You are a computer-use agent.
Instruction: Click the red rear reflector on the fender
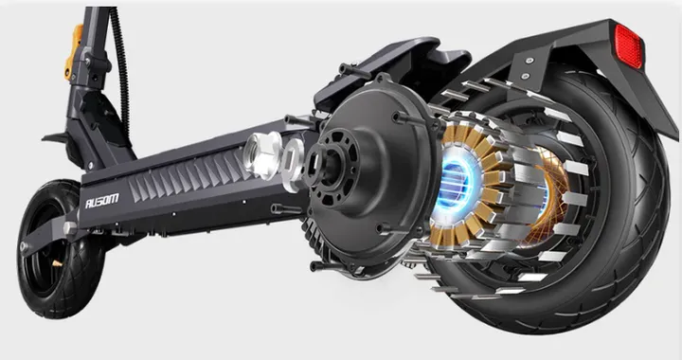(629, 45)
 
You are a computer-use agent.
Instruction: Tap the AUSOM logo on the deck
(101, 201)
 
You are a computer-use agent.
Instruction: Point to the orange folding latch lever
(74, 50)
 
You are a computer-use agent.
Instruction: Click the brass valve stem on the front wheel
(57, 263)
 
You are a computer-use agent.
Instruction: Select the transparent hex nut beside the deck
(261, 154)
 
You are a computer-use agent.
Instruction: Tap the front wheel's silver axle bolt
(70, 227)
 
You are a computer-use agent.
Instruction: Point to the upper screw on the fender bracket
(529, 61)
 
